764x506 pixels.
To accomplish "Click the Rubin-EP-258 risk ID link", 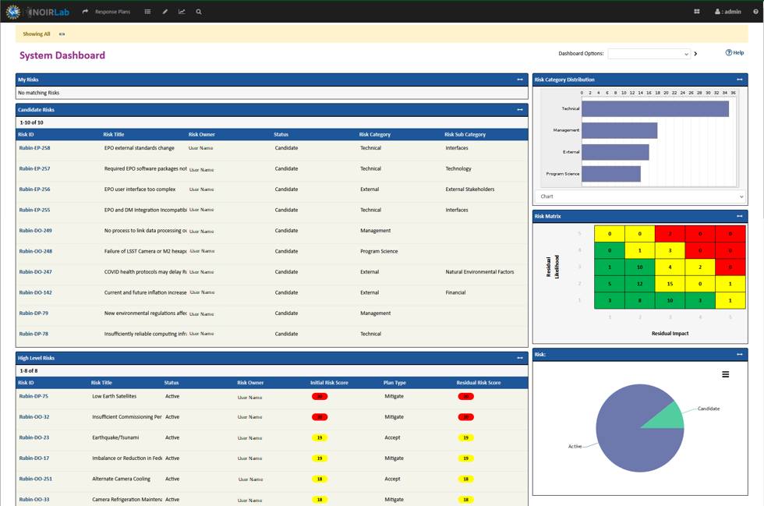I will pos(34,148).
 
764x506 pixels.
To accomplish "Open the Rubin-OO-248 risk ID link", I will pos(36,251).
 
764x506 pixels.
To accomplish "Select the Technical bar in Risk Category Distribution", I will pos(655,109).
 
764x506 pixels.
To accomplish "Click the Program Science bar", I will pos(611,174).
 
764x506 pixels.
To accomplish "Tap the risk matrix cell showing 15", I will pos(670,284).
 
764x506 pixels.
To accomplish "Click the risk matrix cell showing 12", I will pos(640,284).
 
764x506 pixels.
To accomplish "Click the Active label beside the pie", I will pos(575,447).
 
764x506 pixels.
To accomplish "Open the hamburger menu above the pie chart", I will pos(725,374).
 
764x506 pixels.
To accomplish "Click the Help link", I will pos(734,53).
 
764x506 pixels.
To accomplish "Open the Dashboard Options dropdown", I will pos(649,54).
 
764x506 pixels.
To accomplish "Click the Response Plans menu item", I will pos(112,12).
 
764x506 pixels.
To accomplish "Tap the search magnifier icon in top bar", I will pos(199,12).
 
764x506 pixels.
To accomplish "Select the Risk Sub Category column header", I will pos(465,134).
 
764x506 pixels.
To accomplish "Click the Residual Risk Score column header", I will pos(479,383).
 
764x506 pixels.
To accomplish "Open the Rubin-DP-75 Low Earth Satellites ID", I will pos(34,396).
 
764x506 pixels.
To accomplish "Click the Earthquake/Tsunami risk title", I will pos(115,437).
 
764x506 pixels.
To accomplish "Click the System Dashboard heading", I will pos(62,55).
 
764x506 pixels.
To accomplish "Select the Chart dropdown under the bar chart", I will pos(639,196).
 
